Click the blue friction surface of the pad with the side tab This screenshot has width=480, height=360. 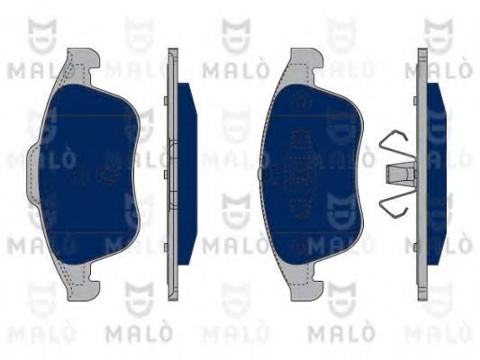tap(89, 175)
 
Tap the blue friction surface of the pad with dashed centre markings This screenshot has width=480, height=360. tap(312, 175)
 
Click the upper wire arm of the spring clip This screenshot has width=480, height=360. tap(396, 144)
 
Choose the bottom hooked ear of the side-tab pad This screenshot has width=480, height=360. tap(83, 283)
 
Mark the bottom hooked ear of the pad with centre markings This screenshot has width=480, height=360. tap(307, 283)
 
